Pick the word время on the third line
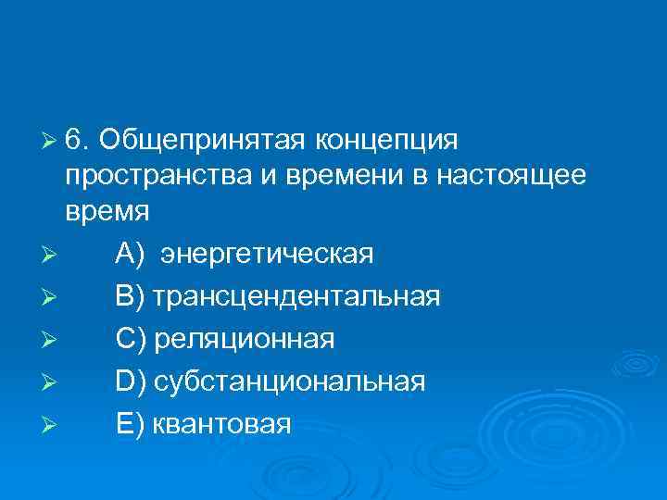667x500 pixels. pos(107,211)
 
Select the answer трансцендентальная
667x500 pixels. pos(296,297)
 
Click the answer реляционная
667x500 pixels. pos(245,340)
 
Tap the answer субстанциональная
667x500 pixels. pos(290,381)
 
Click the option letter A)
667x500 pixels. pos(130,254)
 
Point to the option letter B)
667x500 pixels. pos(130,296)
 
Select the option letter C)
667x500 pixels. pos(131,339)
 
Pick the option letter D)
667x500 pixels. pos(131,381)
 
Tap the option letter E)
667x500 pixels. pos(130,424)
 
